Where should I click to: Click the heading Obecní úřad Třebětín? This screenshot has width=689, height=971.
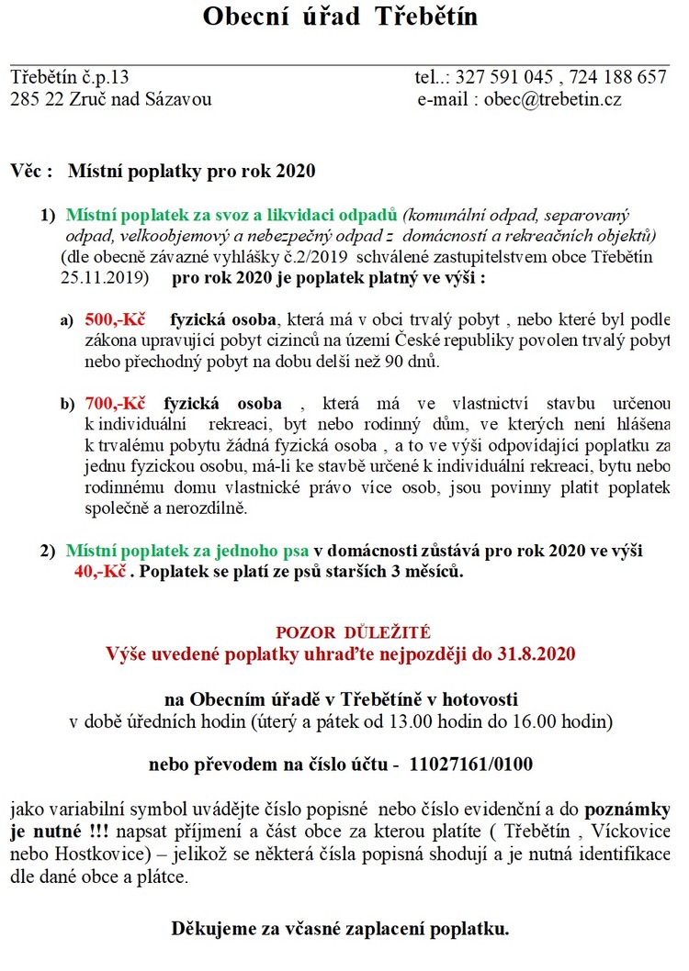tap(340, 17)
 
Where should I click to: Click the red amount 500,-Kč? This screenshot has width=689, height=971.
tap(116, 320)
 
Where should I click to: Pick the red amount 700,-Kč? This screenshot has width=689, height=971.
tap(116, 403)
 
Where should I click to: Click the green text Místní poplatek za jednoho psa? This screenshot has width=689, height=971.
tap(187, 552)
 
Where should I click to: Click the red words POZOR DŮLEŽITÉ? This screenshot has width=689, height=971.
tap(340, 632)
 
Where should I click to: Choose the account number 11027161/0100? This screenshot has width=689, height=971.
tap(470, 764)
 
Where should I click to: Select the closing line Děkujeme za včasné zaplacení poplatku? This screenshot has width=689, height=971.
tap(340, 929)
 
